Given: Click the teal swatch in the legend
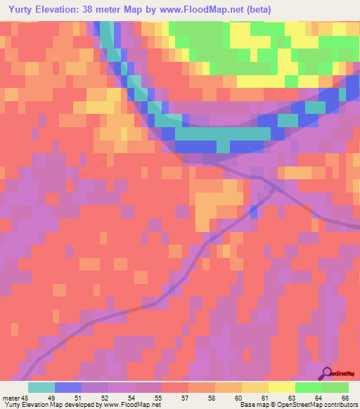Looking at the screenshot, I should pyautogui.click(x=41, y=387).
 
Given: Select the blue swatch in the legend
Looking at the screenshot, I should pyautogui.click(x=68, y=387).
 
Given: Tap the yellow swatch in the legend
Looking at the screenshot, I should pyautogui.click(x=282, y=387).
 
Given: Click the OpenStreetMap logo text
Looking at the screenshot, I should pyautogui.click(x=343, y=375).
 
